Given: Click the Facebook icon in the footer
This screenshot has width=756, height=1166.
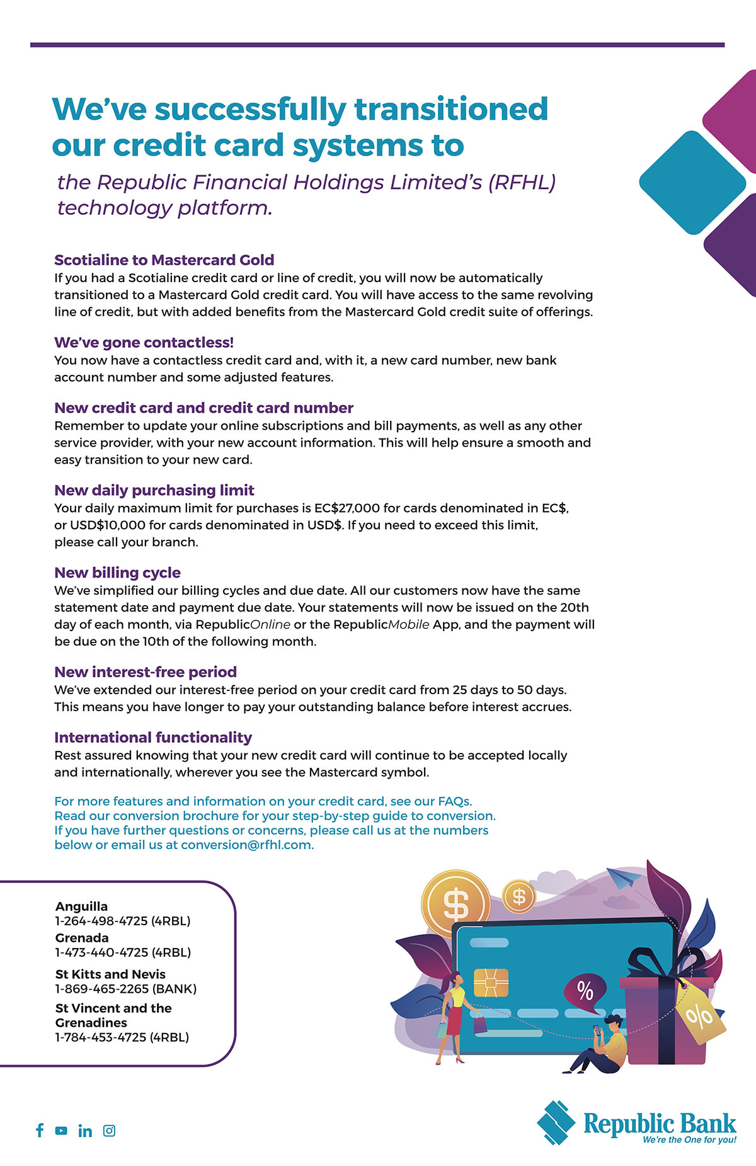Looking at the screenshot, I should click(40, 1130).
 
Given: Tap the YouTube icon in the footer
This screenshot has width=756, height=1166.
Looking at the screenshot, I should click(61, 1131).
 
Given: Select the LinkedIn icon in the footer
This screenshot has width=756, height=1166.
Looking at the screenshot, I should click(85, 1131).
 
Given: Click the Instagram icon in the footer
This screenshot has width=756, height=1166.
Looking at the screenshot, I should click(109, 1131).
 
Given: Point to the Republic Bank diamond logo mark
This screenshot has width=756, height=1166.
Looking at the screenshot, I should click(556, 1123).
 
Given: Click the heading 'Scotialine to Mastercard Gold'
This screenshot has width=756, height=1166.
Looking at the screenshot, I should click(164, 260).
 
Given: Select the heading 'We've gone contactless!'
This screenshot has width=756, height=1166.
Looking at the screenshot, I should click(144, 343).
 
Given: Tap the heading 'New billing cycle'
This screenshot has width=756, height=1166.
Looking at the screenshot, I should click(117, 573).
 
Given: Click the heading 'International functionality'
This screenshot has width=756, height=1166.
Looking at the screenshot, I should click(153, 738).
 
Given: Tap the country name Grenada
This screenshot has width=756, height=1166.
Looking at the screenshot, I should click(82, 938).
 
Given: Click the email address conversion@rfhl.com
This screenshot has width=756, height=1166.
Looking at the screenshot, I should click(247, 845).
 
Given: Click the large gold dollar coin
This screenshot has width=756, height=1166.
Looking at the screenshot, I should click(455, 903).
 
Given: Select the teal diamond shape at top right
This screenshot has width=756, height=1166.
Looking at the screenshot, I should click(692, 183).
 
